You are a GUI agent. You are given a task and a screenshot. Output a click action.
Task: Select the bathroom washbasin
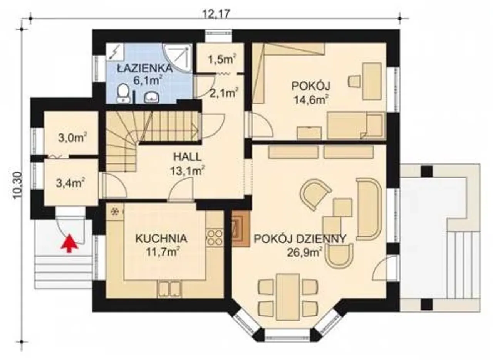[x=152, y=97]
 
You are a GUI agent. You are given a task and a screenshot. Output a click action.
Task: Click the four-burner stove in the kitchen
[x=215, y=238]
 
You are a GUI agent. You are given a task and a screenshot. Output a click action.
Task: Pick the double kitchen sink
[x=170, y=288]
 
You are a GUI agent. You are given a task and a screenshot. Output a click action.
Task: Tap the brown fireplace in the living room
[x=241, y=228]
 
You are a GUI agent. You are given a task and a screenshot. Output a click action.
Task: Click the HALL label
[x=187, y=157]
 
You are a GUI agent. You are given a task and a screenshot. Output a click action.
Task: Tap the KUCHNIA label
[x=161, y=239]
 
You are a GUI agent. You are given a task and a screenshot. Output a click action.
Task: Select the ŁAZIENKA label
[x=144, y=68]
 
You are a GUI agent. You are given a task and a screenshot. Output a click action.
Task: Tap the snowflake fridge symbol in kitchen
[x=115, y=212]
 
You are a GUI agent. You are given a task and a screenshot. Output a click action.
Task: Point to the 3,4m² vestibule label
[x=70, y=183]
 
